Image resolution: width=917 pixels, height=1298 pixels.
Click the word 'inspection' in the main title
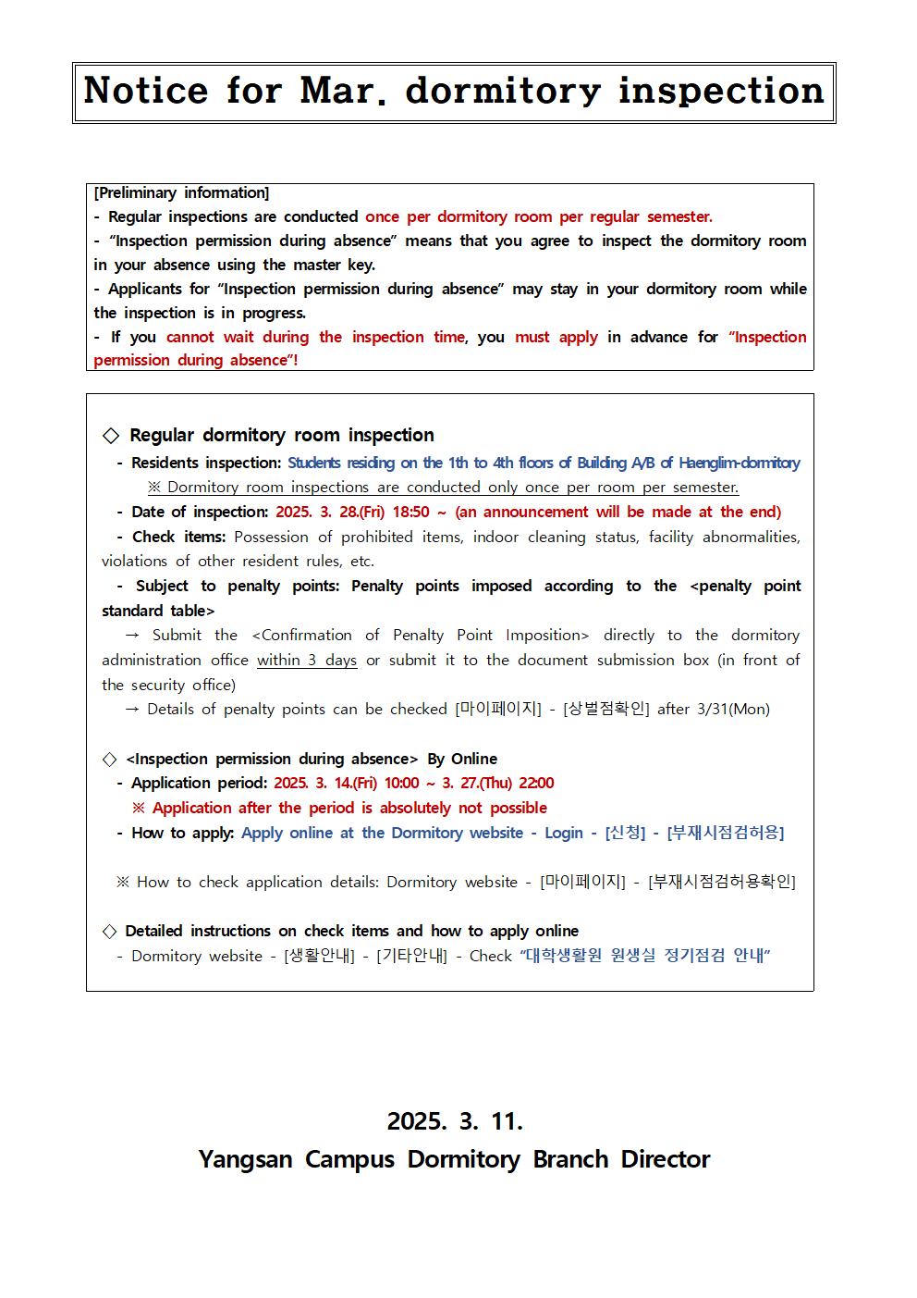[720, 91]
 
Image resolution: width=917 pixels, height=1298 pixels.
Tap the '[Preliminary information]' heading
[181, 192]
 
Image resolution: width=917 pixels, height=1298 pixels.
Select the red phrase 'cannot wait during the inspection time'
[315, 337]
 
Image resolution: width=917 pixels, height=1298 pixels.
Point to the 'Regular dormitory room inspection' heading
[281, 435]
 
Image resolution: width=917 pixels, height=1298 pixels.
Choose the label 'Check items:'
[178, 537]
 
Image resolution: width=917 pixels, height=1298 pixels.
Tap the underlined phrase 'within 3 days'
[307, 660]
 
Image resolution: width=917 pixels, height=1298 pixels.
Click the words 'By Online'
[462, 759]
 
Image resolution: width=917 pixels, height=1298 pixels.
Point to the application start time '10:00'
[401, 783]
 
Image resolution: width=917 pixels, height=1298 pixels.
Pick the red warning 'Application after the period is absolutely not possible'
[349, 808]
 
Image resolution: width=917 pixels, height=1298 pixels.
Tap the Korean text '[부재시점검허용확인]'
[721, 882]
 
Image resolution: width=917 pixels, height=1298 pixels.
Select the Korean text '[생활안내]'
[319, 956]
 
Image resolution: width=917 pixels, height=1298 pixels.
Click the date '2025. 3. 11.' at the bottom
[455, 1121]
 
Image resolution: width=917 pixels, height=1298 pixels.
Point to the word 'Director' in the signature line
[666, 1159]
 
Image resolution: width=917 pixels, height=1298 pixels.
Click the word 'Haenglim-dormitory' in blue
[740, 463]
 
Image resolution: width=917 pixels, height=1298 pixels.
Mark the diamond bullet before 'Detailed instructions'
[109, 931]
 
